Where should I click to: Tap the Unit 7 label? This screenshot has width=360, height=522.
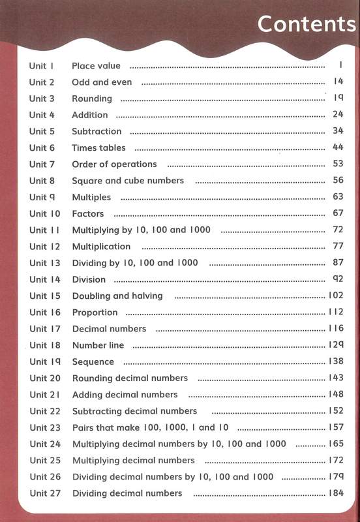click(x=42, y=164)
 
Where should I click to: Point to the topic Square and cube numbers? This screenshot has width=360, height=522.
click(x=128, y=181)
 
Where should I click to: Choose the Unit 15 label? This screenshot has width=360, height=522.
click(x=44, y=296)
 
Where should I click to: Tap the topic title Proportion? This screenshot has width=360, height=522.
click(x=95, y=313)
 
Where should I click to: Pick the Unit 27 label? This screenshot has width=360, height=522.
click(x=44, y=493)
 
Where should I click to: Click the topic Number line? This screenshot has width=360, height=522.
click(x=98, y=345)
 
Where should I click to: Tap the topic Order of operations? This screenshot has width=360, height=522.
click(x=114, y=164)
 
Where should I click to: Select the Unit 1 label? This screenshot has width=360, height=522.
click(x=40, y=66)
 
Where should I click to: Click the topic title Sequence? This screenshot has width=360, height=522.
click(x=93, y=361)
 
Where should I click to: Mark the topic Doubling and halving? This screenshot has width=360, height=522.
click(x=117, y=296)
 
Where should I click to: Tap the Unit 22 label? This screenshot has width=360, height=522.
click(x=44, y=411)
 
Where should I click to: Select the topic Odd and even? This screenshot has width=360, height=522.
click(x=102, y=82)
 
